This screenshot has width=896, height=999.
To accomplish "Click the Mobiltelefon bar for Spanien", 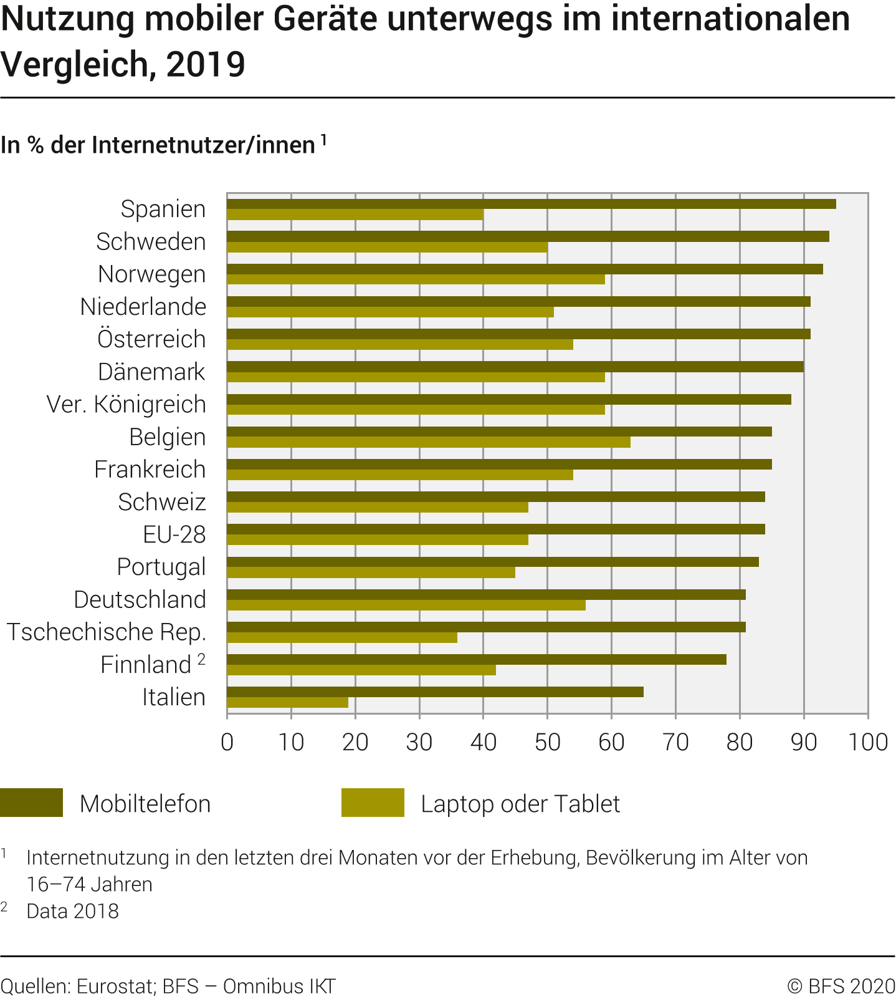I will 531,204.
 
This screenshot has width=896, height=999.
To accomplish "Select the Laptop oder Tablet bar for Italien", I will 287,702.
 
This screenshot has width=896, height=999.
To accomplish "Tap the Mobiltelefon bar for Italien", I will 435,692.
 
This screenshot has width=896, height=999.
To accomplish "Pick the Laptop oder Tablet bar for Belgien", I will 429,442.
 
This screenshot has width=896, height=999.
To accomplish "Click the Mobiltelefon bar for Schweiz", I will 495,496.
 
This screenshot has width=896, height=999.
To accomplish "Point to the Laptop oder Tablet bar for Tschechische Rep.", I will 342,637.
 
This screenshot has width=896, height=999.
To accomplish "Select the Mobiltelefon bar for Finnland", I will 477,659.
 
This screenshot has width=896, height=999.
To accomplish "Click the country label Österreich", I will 151,339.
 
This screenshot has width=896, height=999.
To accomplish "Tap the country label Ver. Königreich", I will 126,404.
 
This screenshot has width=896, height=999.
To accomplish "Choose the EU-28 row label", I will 174,534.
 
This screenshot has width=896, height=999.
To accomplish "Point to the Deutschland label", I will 140,599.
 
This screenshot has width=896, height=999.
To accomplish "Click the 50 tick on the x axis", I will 547,742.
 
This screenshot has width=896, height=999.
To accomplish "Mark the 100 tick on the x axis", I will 868,742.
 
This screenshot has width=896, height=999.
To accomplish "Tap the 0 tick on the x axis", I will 227,742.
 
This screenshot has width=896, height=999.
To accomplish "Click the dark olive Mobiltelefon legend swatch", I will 32,803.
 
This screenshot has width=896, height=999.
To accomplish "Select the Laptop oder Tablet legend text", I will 520,804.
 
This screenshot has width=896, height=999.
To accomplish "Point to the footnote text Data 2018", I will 72,911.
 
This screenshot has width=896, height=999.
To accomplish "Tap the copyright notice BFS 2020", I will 841,986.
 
